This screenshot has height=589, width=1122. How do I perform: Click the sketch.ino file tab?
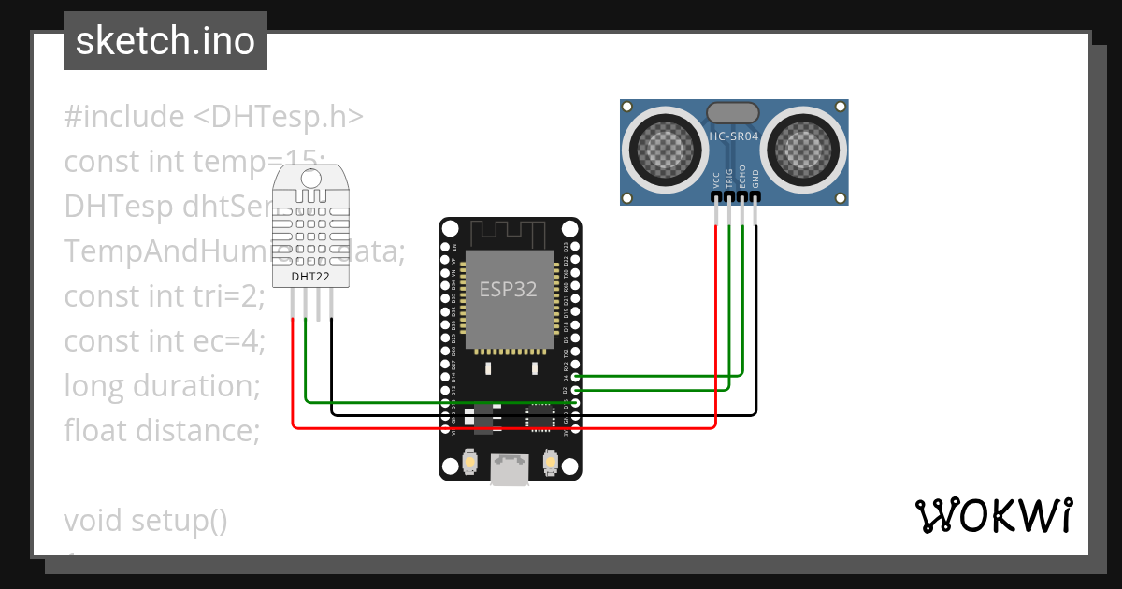(x=165, y=41)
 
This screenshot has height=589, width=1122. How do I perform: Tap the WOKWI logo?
(x=992, y=515)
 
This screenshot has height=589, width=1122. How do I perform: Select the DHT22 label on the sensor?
(x=309, y=277)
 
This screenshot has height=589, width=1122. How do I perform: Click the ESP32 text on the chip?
(x=509, y=289)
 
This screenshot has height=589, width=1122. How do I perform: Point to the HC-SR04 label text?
(x=734, y=136)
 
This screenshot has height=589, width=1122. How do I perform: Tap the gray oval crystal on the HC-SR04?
(x=734, y=112)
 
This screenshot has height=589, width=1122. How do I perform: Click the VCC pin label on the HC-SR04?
(x=716, y=179)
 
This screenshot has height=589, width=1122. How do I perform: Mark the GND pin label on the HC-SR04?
(x=755, y=179)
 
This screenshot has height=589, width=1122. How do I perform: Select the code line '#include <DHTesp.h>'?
(x=213, y=117)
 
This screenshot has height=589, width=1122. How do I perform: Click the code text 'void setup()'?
(x=146, y=520)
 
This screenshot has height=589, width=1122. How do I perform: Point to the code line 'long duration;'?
(x=161, y=385)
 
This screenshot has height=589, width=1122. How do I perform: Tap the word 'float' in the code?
(x=96, y=430)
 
